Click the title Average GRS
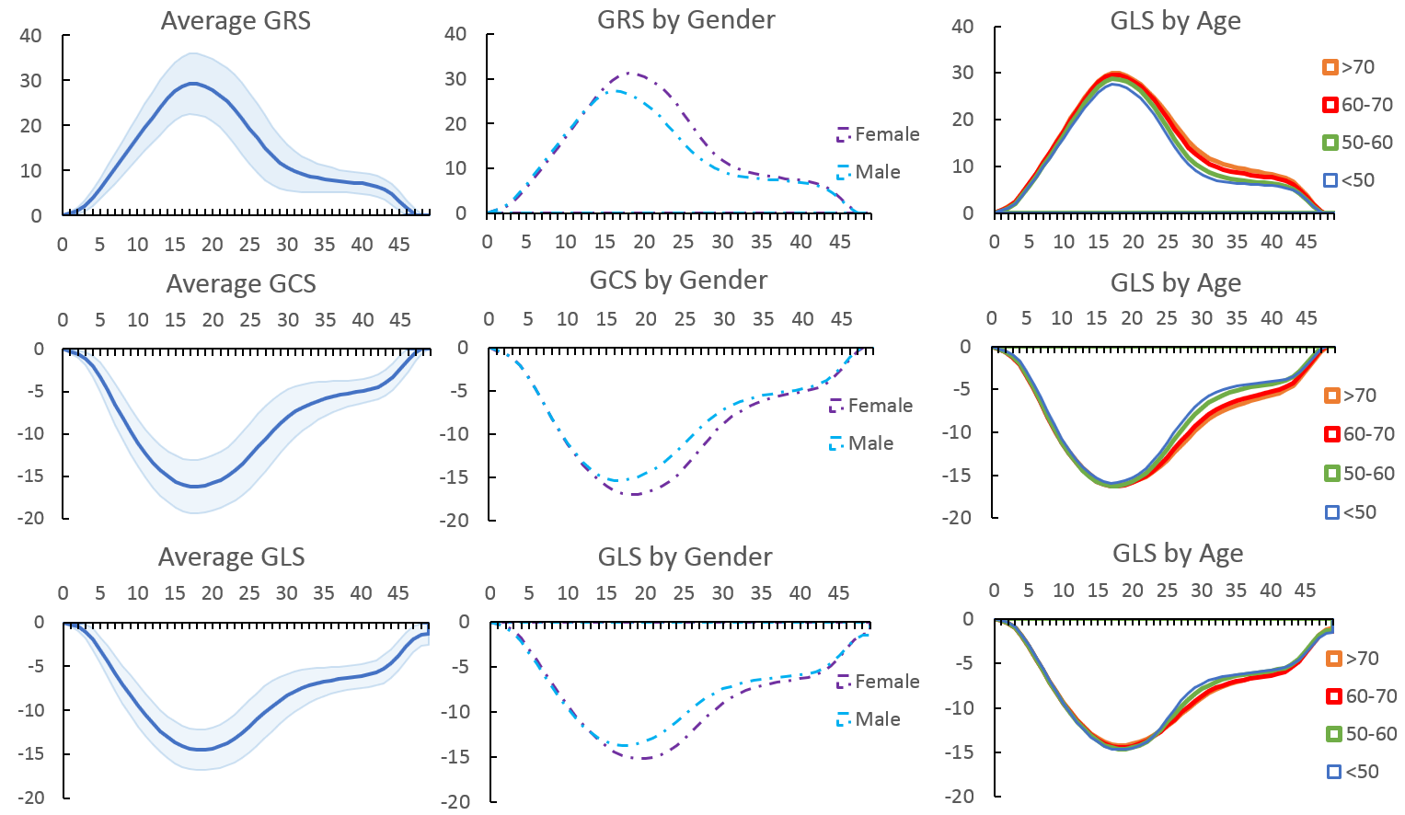pyautogui.click(x=236, y=21)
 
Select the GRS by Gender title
pyautogui.click(x=685, y=20)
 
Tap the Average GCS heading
pyautogui.click(x=241, y=284)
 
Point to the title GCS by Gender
pyautogui.click(x=678, y=281)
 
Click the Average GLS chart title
pyautogui.click(x=231, y=557)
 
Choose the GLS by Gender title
pyautogui.click(x=685, y=557)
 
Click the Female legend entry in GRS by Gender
pyautogui.click(x=878, y=134)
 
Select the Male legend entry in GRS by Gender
pyautogui.click(x=869, y=172)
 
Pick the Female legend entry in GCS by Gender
pyautogui.click(x=870, y=406)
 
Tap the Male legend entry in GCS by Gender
pyautogui.click(x=861, y=443)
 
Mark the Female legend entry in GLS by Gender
pyautogui.click(x=878, y=682)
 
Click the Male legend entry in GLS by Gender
pyautogui.click(x=869, y=719)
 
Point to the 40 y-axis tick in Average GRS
pyautogui.click(x=30, y=36)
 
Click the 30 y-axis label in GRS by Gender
pyautogui.click(x=455, y=79)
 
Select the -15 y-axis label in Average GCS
pyautogui.click(x=30, y=476)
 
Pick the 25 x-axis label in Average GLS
pyautogui.click(x=249, y=593)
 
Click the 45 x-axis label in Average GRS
pyautogui.click(x=399, y=245)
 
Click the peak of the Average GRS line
pyautogui.click(x=191, y=84)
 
